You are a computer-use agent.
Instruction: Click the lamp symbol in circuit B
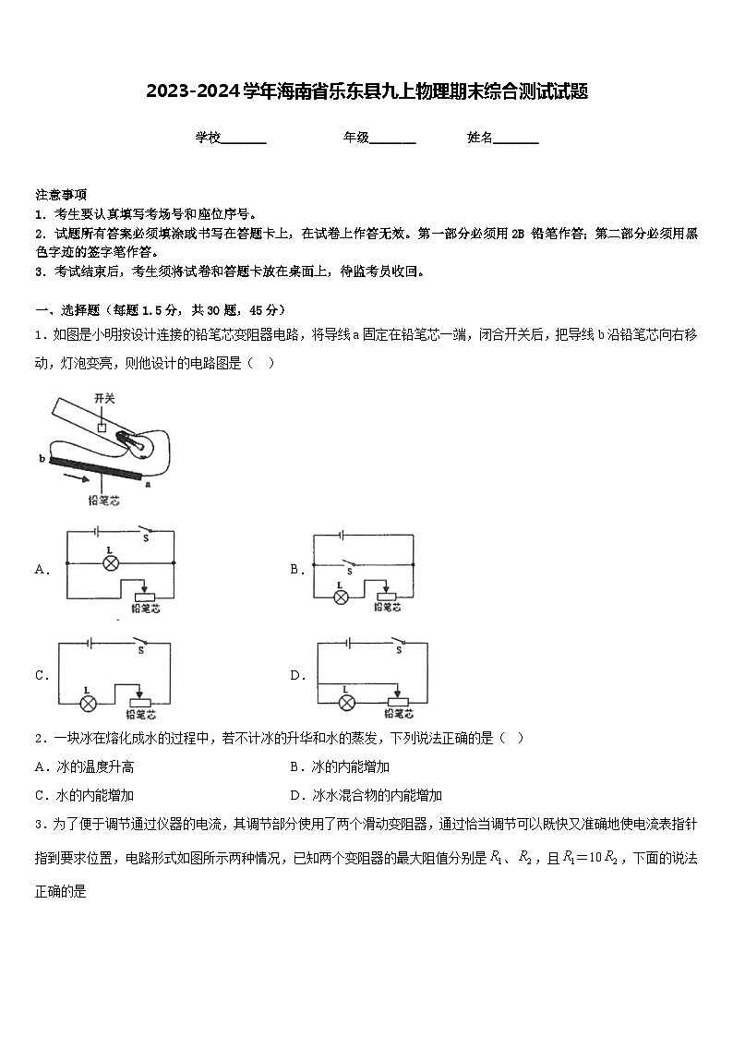[342, 597]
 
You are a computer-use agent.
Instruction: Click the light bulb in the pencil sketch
[137, 444]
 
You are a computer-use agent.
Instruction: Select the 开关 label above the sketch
[104, 397]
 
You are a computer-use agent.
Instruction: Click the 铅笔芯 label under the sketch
[103, 500]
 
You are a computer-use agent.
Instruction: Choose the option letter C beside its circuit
[42, 675]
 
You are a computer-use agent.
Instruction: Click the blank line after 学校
[245, 139]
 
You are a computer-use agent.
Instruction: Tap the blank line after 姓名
[517, 139]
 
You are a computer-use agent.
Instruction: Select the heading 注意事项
[62, 194]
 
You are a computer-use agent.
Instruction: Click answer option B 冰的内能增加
[340, 766]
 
